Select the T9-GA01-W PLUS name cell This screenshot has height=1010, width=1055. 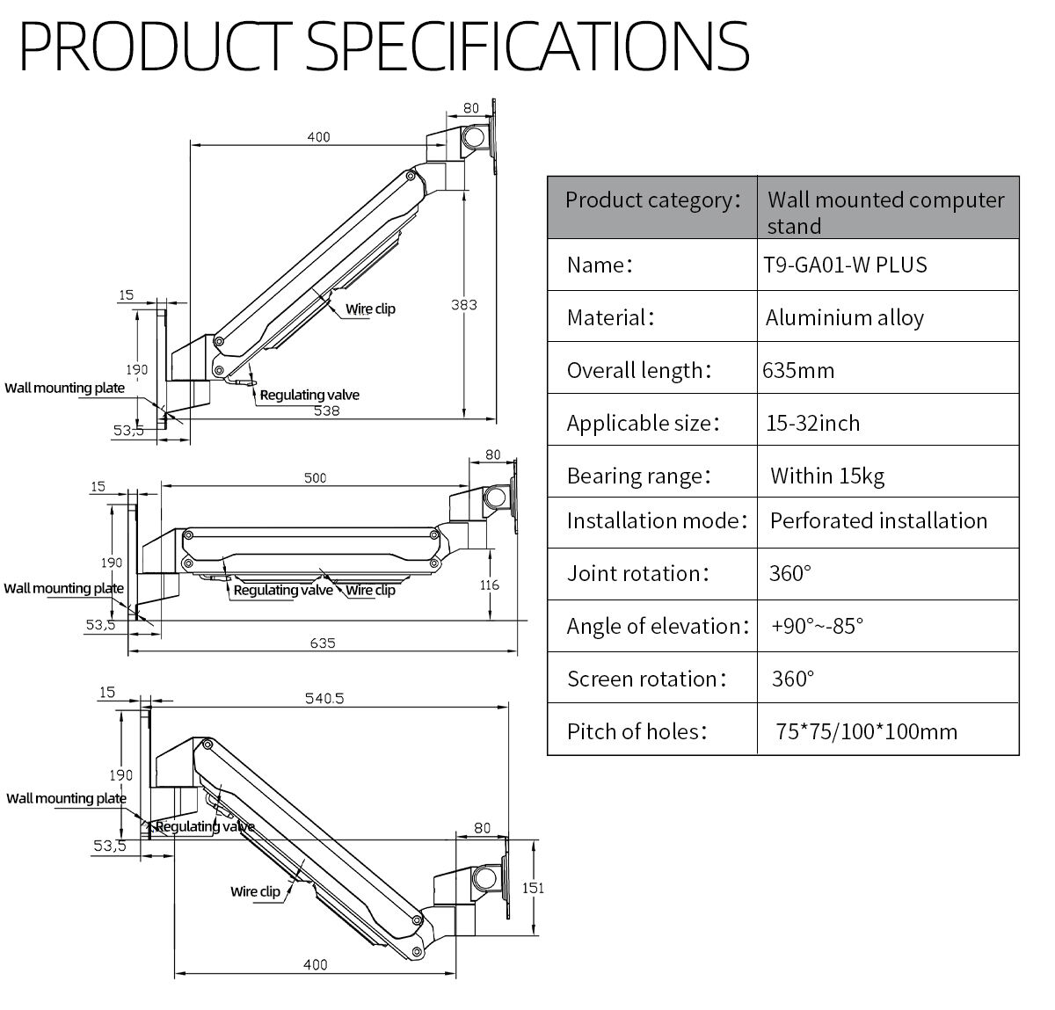click(x=847, y=265)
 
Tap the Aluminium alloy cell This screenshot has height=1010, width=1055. click(x=844, y=317)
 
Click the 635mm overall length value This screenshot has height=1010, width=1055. click(x=798, y=370)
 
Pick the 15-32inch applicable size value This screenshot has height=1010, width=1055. click(x=812, y=423)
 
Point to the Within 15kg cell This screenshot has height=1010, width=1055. click(x=826, y=476)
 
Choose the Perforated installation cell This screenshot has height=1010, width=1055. click(x=878, y=520)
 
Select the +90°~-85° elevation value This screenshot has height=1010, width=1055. click(x=817, y=626)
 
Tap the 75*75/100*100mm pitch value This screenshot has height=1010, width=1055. click(x=866, y=731)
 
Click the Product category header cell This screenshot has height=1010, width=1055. click(x=651, y=200)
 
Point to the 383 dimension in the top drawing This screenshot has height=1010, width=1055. click(x=463, y=304)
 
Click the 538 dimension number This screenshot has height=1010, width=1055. click(x=326, y=411)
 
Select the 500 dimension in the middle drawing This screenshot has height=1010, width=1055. click(x=315, y=477)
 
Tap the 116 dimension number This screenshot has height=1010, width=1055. click(x=490, y=585)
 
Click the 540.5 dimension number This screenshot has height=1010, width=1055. click(x=324, y=698)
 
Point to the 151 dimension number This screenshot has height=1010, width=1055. click(x=533, y=888)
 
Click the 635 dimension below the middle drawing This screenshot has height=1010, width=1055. click(x=323, y=643)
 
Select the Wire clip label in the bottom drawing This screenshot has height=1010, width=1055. click(x=255, y=891)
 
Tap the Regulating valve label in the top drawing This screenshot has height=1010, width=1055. click(x=309, y=395)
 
